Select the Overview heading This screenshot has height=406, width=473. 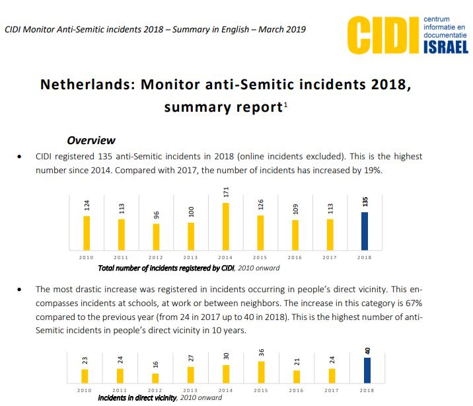click(x=91, y=140)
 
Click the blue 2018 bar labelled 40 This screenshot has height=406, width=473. click(x=365, y=370)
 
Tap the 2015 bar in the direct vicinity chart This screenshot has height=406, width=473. click(x=261, y=372)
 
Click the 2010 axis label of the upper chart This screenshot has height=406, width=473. click(x=85, y=257)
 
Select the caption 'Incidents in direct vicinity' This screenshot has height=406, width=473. click(x=137, y=398)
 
